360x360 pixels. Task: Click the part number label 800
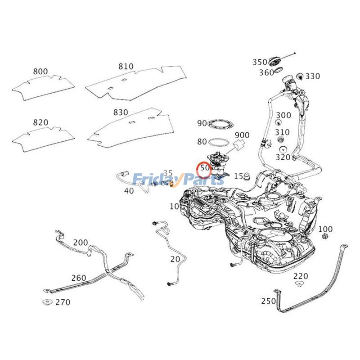point(40,71)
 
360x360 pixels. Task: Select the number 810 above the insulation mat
point(126,66)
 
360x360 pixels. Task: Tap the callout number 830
point(120,112)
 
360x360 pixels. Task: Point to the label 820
point(40,122)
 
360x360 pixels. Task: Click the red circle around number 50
point(205,168)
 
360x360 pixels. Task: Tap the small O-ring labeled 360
point(279,71)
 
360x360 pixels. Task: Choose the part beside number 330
point(299,76)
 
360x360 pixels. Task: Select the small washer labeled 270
point(46,302)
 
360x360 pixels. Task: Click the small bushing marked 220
point(299,283)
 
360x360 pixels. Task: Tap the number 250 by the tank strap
point(268,301)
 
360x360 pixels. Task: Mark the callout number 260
point(78,278)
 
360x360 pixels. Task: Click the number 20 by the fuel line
point(175,259)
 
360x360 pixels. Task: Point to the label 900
point(242,135)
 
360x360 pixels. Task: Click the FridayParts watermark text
point(179,180)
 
